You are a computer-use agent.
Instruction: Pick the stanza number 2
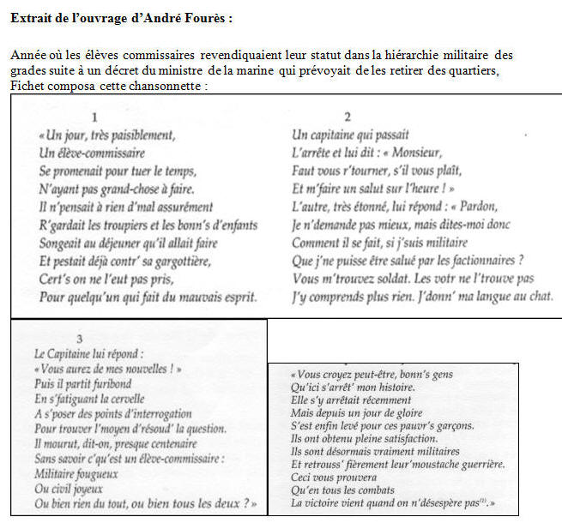(x=347, y=117)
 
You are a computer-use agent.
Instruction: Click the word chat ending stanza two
(x=541, y=297)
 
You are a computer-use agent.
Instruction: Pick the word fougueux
(x=88, y=473)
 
